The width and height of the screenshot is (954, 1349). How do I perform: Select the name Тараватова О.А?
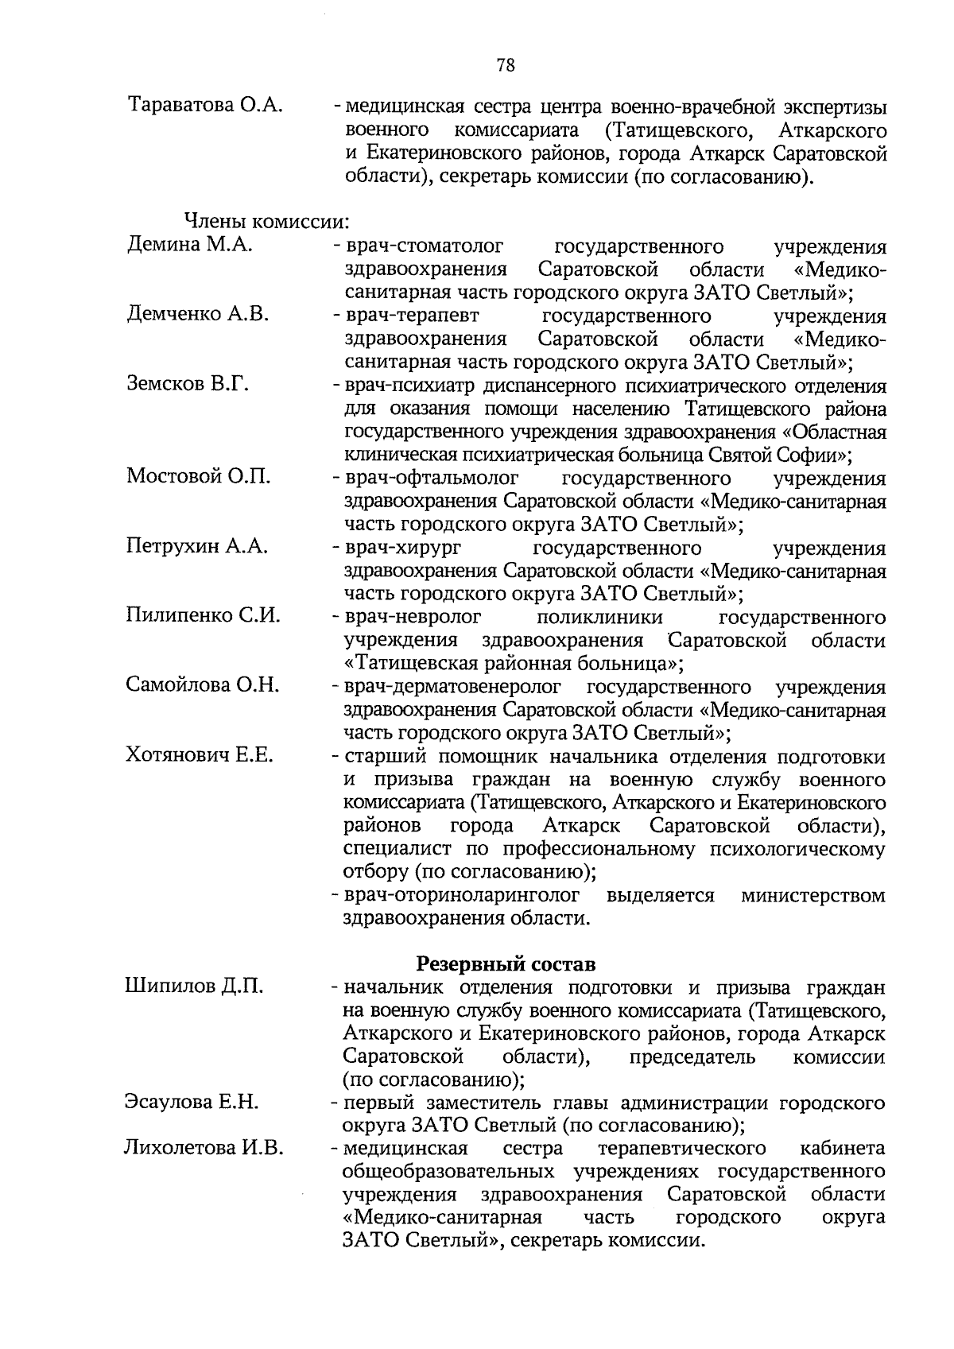(x=204, y=106)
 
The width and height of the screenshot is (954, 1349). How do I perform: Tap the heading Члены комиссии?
(x=267, y=221)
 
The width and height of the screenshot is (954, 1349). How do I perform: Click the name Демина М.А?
(x=189, y=245)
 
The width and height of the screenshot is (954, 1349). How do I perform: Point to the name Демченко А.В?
(x=197, y=314)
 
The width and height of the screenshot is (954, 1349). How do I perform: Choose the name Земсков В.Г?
(x=188, y=384)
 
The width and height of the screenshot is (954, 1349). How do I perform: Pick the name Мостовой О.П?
(x=198, y=476)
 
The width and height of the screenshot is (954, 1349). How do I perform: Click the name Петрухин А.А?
(x=196, y=546)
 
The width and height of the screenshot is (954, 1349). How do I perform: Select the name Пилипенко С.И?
(x=203, y=615)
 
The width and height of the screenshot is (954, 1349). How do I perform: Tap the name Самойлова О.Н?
(x=203, y=684)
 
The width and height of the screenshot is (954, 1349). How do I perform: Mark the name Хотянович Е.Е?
(x=200, y=754)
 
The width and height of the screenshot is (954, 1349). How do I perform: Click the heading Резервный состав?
(x=506, y=964)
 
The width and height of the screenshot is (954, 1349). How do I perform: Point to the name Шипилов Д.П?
(x=194, y=987)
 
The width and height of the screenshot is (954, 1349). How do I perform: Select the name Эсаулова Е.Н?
(x=192, y=1102)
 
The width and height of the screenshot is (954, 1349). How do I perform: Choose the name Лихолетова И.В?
(x=204, y=1147)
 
